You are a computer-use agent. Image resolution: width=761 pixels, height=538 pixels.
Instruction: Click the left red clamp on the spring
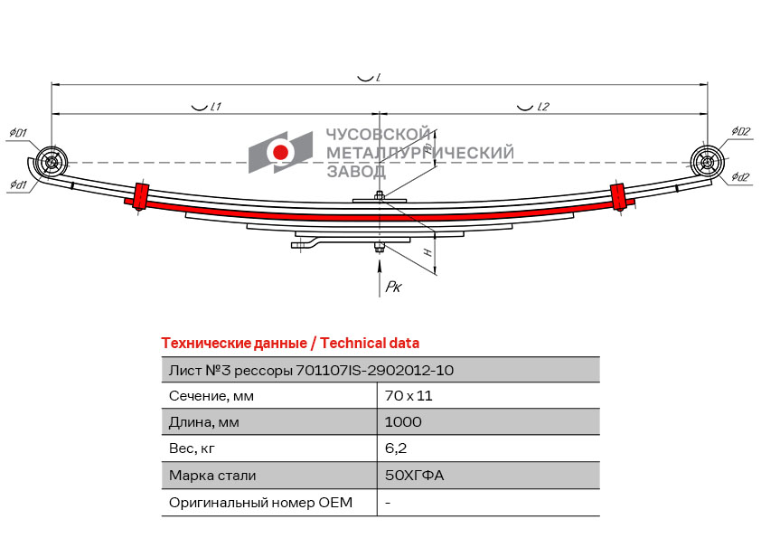(x=141, y=195)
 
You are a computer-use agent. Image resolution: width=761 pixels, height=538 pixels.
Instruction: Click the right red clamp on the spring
(x=617, y=196)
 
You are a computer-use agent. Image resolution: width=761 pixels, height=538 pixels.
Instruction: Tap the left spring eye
(x=52, y=162)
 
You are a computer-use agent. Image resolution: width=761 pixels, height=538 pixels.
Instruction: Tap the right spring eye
(x=707, y=162)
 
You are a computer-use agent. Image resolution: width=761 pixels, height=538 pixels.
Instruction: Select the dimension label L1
(x=215, y=107)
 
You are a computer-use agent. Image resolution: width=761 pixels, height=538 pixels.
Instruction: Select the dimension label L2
(x=542, y=107)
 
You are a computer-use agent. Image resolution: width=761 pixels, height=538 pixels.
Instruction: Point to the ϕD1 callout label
(x=18, y=133)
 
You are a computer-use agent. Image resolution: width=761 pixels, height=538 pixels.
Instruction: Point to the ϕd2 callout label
(x=740, y=176)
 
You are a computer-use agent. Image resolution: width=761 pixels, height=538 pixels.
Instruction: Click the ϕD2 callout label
(x=740, y=131)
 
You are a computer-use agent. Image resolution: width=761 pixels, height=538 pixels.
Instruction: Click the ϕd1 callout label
(x=18, y=184)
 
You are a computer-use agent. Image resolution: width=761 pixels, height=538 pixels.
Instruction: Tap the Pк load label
(x=393, y=287)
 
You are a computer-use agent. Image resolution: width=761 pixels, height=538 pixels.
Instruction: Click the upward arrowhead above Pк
(x=380, y=265)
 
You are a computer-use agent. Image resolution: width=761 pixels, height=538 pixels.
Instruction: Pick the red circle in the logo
(x=280, y=152)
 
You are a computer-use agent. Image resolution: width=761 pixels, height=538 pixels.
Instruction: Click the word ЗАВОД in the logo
(x=356, y=171)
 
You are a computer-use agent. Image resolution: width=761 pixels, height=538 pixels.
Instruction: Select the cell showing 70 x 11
(x=409, y=396)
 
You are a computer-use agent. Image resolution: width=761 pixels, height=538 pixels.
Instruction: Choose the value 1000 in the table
(x=403, y=421)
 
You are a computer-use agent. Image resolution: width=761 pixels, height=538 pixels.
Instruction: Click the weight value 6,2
(x=396, y=448)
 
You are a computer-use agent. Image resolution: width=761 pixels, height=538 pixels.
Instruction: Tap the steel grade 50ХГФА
(x=414, y=475)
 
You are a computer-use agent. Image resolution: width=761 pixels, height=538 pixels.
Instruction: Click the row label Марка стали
(x=212, y=475)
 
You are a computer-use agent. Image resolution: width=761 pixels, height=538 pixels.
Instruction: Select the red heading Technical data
(x=370, y=344)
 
